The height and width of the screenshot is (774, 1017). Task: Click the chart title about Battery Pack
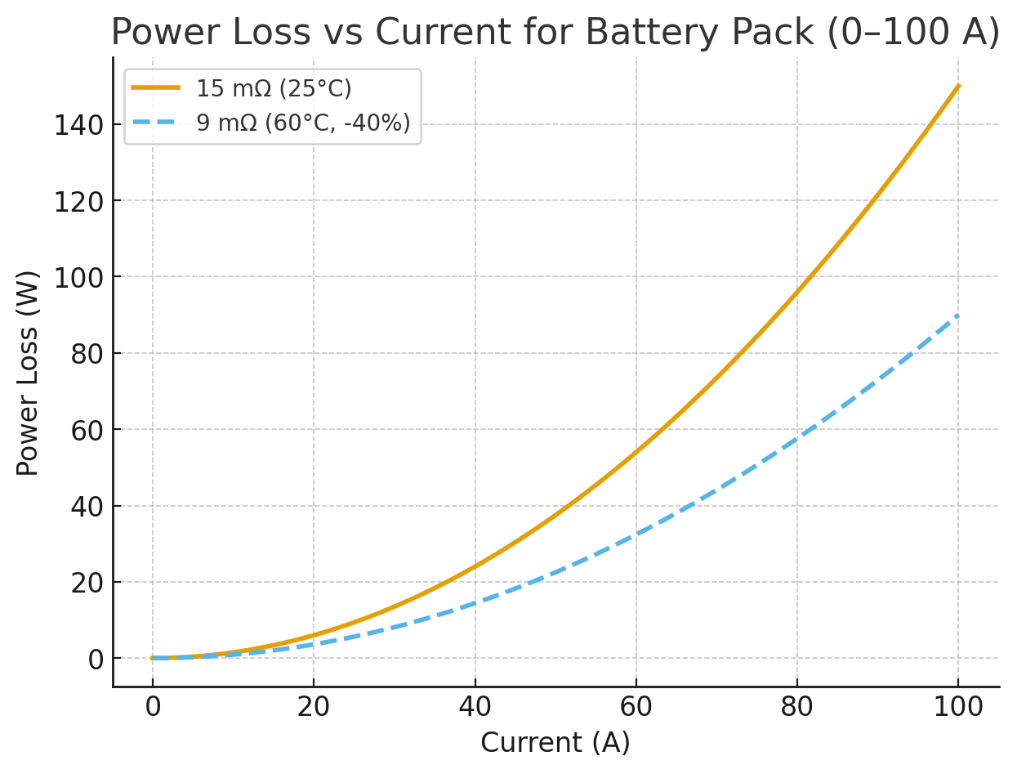pos(555,33)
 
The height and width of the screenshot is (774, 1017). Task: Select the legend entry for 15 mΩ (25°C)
pos(274,87)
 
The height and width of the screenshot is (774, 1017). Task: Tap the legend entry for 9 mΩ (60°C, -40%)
pos(303,123)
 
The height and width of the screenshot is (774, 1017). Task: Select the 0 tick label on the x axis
pos(153,707)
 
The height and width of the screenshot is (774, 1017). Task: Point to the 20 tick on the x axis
pos(314,707)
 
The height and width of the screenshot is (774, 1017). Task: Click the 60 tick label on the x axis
pos(636,707)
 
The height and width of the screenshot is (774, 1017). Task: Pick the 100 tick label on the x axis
pos(958,707)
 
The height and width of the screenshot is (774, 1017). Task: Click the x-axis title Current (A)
pos(555,743)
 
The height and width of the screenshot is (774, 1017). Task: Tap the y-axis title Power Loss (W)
pos(29,372)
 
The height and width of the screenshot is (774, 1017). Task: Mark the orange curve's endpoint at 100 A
pos(958,86)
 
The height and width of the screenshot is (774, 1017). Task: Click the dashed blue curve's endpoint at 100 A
pos(958,315)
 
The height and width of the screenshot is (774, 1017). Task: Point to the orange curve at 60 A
pos(636,452)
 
